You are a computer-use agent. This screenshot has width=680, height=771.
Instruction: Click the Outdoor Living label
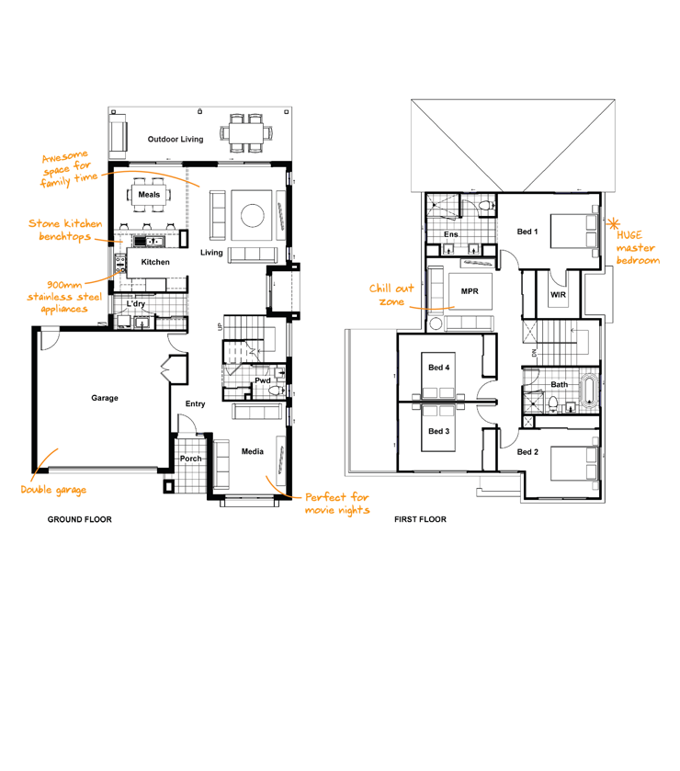(x=176, y=139)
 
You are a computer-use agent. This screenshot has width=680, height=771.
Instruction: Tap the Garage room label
(x=105, y=398)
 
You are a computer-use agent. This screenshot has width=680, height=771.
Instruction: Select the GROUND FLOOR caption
(x=80, y=519)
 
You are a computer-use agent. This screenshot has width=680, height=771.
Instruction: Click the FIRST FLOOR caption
(x=420, y=519)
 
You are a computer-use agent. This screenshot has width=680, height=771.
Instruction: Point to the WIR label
(x=558, y=295)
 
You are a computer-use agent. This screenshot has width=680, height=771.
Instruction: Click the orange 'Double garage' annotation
(x=53, y=490)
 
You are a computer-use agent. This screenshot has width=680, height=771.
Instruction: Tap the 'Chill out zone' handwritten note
(x=391, y=295)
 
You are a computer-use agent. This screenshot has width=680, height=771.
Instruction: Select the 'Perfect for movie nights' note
(x=337, y=504)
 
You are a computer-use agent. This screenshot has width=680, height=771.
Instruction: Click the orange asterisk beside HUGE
(x=613, y=224)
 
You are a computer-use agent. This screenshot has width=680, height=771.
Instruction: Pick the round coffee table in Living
(x=253, y=215)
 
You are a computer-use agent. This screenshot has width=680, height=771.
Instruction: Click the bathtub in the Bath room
(x=589, y=391)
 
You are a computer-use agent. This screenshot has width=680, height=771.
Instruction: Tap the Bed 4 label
(x=438, y=368)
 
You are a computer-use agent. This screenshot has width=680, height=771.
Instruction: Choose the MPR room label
(x=470, y=291)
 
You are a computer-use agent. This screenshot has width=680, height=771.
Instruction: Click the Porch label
(x=190, y=459)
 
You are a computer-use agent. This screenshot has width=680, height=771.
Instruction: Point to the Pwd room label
(x=263, y=380)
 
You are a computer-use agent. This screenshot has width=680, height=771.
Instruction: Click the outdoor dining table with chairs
(x=246, y=132)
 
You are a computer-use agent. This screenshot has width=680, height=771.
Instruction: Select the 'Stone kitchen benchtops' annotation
(x=65, y=230)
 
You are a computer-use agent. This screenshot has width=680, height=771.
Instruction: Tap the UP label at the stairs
(x=220, y=326)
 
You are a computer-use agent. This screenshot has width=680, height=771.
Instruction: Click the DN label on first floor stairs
(x=535, y=353)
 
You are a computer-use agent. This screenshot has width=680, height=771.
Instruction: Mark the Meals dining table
(x=149, y=195)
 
